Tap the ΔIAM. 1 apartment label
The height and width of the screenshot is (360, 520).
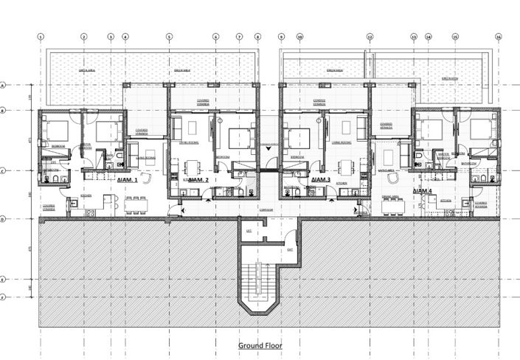pos(127,179)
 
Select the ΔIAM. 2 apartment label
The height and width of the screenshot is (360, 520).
pos(198,179)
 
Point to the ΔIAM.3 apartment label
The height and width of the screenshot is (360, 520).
pos(320,179)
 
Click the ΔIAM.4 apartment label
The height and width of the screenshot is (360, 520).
pos(422,191)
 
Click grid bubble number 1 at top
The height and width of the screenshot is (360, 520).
pos(41,36)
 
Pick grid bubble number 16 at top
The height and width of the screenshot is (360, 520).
pos(499,36)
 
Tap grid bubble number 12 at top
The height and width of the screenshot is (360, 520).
pos(370,36)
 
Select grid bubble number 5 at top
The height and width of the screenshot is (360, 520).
pos(169,36)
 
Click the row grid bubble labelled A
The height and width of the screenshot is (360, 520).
pos(4,86)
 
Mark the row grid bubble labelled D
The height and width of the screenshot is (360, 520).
pos(4,219)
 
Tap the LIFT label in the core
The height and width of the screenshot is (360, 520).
pos(249,231)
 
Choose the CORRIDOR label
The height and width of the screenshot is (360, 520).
pos(266,210)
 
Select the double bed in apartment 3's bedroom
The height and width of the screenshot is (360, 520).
pos(298,138)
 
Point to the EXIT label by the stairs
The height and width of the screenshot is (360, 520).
pos(291,250)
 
